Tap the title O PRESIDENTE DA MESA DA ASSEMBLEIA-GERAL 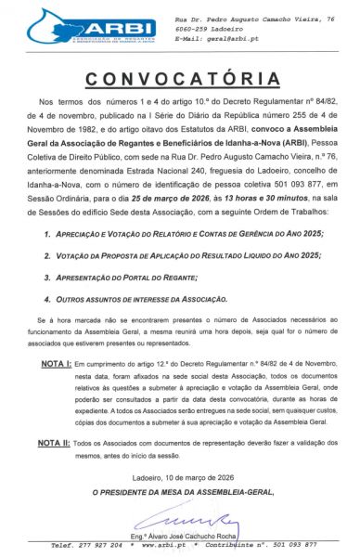(x=180, y=489)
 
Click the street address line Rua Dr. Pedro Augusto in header (x=254, y=19)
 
